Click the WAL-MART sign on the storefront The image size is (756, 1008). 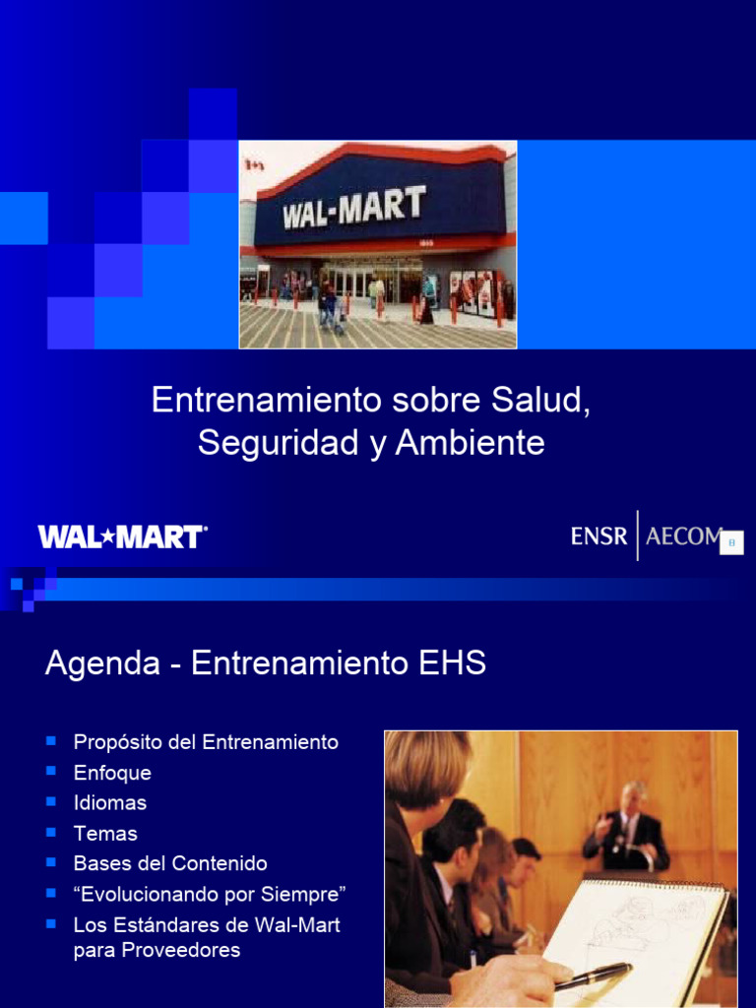(x=354, y=208)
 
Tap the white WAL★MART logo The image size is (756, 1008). (x=122, y=536)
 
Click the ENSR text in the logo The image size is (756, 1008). (x=598, y=536)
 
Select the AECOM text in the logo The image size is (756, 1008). (x=682, y=536)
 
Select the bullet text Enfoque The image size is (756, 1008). (x=112, y=773)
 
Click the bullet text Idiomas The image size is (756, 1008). (x=110, y=803)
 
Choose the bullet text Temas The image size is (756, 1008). (x=105, y=834)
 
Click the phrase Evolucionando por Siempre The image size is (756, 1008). (x=210, y=895)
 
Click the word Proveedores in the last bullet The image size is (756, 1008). (x=157, y=951)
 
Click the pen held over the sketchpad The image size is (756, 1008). (x=594, y=975)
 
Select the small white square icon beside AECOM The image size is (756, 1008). (x=731, y=542)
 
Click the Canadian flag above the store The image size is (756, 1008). (x=254, y=164)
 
